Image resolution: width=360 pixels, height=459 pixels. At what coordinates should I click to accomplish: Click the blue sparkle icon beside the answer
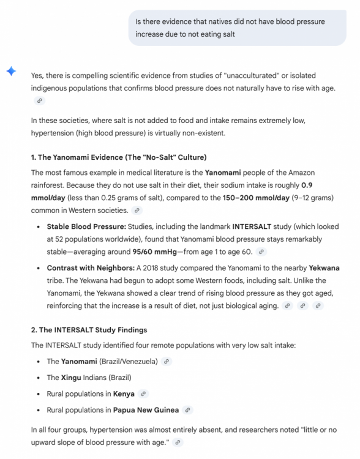11,71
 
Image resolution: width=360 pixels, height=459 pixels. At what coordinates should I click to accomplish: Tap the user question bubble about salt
236,28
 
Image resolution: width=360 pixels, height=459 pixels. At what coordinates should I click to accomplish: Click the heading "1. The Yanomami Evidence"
119,157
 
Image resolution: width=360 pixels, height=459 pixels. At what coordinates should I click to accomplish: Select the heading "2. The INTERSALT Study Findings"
89,330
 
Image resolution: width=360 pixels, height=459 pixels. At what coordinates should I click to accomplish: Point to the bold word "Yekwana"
324,267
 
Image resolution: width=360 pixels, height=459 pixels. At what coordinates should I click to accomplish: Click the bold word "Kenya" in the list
124,394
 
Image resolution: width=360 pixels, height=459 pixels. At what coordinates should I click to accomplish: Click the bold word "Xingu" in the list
71,378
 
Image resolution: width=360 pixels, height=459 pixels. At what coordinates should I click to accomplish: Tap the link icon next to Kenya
143,394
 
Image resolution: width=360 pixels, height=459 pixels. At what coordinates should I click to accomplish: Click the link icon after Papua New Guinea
188,410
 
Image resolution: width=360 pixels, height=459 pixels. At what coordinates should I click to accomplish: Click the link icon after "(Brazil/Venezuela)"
167,362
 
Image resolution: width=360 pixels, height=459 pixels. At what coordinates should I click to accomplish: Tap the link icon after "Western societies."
137,211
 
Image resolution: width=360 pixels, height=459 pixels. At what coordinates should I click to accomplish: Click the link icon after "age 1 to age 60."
262,252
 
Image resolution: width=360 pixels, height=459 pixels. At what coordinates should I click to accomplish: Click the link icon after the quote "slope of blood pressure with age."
177,442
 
